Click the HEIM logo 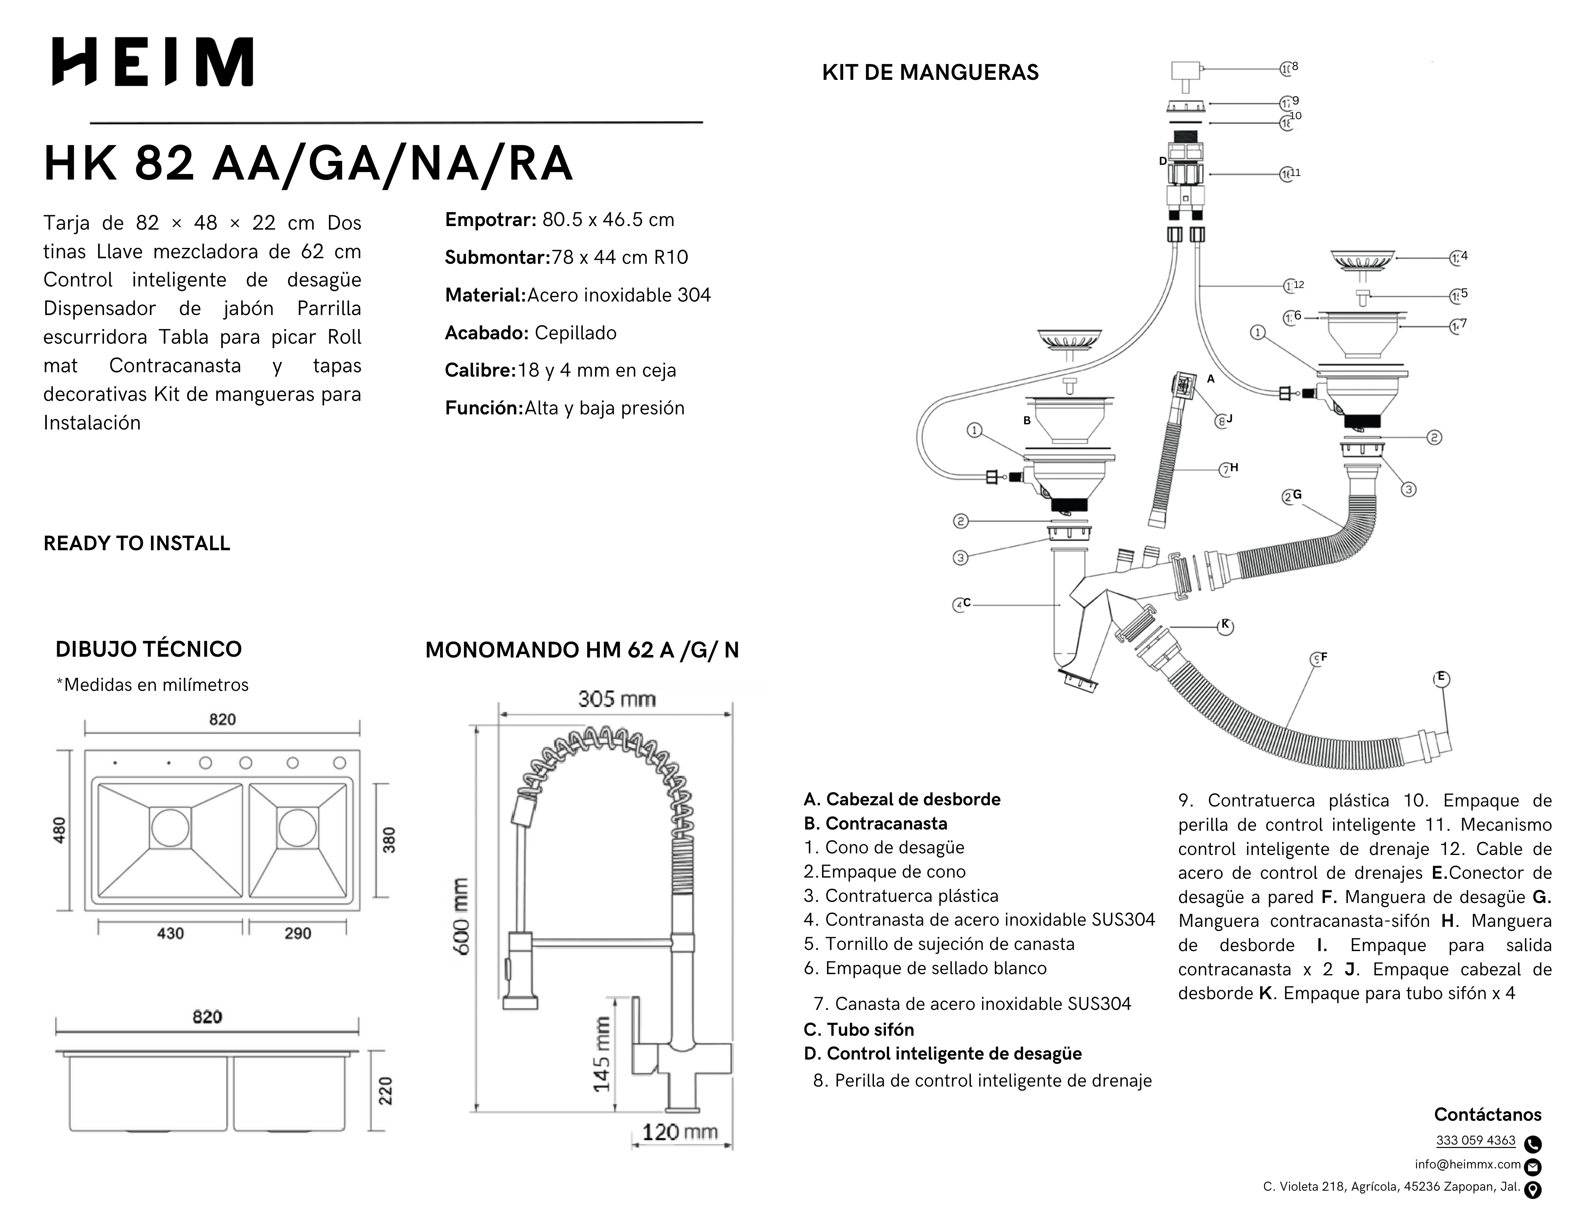pos(153,62)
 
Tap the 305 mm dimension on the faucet pos(616,699)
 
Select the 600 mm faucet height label pos(461,917)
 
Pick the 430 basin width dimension pos(170,933)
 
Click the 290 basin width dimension pos(298,933)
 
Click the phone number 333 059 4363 pos(1475,1141)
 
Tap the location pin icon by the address pos(1532,1190)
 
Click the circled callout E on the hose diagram pos(1441,678)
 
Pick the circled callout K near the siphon pos(1225,626)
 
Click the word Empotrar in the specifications pos(490,220)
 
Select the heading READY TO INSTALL pos(137,543)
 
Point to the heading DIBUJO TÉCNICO pos(149,649)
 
